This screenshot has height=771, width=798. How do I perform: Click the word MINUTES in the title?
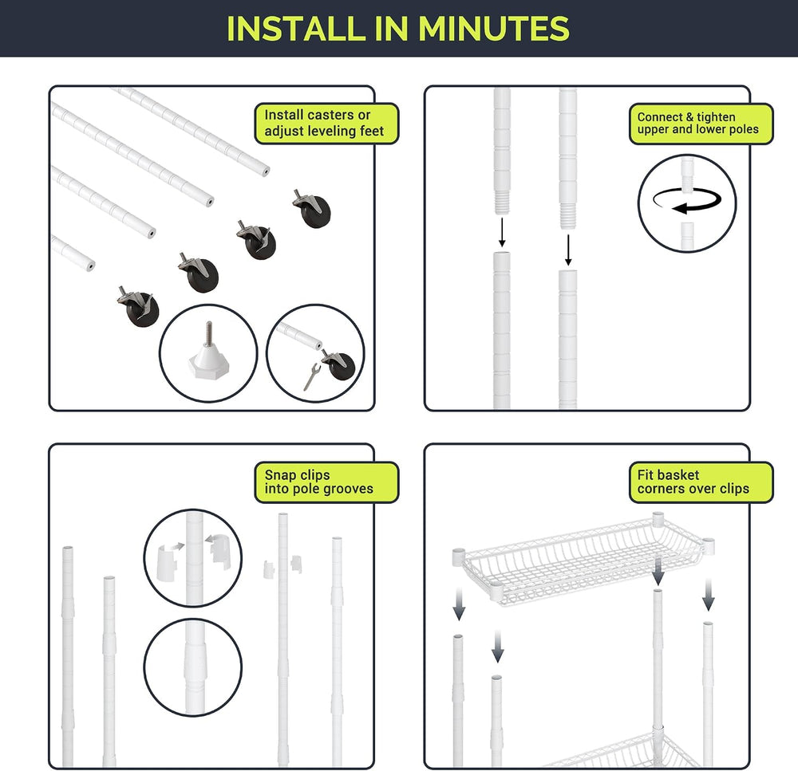pos(494,29)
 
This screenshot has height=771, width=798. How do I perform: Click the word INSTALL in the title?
pos(296,29)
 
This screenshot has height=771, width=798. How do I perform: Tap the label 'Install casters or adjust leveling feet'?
pos(326,124)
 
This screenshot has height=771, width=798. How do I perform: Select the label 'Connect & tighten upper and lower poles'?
pos(701,124)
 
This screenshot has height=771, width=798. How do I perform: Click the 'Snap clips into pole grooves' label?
pos(326,482)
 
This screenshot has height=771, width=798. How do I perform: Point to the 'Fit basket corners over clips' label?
pos(701,482)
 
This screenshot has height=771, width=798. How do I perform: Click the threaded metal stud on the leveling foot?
pos(208,332)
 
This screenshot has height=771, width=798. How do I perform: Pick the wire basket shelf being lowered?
pos(583,559)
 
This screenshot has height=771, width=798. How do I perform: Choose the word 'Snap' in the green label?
pos(279,475)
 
